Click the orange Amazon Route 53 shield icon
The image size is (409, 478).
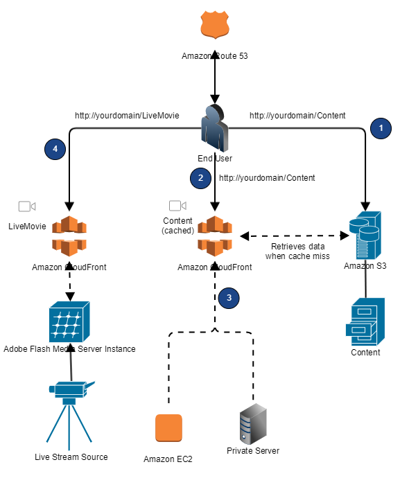215,25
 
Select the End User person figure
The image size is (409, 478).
215,128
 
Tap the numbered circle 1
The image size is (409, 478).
381,128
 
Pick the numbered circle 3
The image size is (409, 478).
229,298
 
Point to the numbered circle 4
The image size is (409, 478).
55,149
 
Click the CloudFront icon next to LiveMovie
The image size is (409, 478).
69,236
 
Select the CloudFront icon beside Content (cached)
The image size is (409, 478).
215,236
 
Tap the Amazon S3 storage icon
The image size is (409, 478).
365,235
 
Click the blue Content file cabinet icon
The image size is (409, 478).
365,322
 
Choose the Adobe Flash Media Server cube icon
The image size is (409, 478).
69,322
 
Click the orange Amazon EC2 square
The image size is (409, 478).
168,428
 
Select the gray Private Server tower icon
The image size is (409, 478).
253,424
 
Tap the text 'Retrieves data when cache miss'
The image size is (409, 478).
297,251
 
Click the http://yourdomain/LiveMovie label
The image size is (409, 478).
127,116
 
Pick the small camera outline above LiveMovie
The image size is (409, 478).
27,206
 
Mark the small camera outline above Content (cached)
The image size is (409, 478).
178,206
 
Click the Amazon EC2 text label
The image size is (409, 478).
168,459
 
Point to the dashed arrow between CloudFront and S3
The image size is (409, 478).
295,236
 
